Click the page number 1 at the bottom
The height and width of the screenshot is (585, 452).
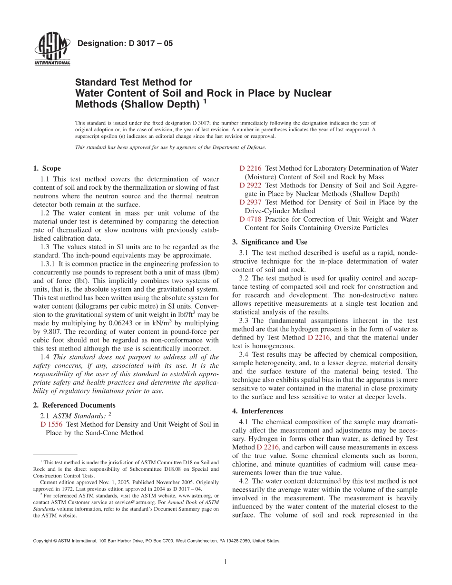(x=226, y=562)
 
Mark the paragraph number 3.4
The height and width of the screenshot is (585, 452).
(x=245, y=354)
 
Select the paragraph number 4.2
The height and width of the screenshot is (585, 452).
(x=245, y=481)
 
